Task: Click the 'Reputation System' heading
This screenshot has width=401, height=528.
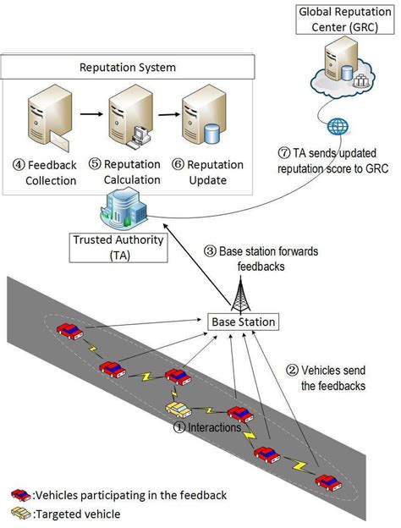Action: coord(126,68)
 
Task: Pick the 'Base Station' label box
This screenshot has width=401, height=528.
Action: coord(243,322)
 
